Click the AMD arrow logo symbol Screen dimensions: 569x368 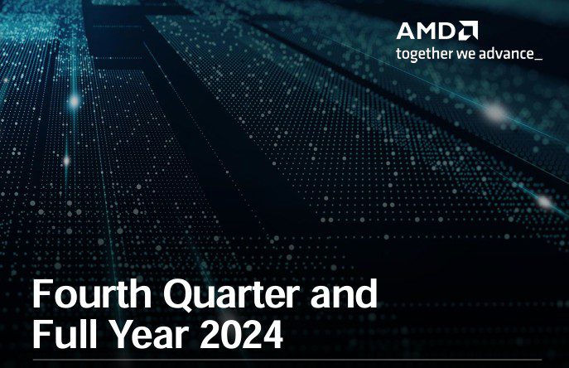click(x=468, y=30)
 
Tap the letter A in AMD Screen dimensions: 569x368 click(x=406, y=31)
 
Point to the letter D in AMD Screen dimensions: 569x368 click(x=446, y=31)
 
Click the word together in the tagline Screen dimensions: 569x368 click(x=425, y=54)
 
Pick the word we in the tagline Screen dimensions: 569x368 click(x=466, y=55)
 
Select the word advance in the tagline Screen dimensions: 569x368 click(x=506, y=54)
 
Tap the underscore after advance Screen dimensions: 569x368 click(x=538, y=60)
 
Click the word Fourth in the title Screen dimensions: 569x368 click(x=92, y=293)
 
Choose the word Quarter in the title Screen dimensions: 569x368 click(x=232, y=295)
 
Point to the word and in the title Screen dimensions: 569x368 click(x=344, y=293)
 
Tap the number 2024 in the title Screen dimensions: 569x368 click(x=241, y=334)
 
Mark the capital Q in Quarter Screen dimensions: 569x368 click(x=178, y=295)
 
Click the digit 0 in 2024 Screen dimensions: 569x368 click(x=231, y=334)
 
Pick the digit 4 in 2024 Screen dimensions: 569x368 click(x=272, y=334)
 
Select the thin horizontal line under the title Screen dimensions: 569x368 click(x=287, y=360)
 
